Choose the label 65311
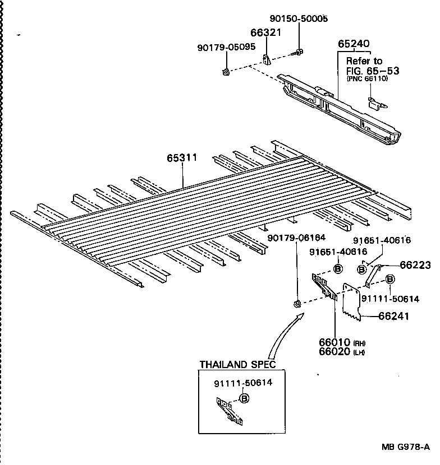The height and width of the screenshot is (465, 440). tap(182, 158)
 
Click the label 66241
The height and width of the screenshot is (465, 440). tap(393, 317)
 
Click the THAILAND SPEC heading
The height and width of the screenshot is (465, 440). tap(238, 365)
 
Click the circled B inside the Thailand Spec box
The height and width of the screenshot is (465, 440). tap(244, 398)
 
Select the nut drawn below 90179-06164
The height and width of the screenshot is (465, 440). tap(296, 304)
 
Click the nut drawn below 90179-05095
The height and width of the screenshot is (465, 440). tap(224, 71)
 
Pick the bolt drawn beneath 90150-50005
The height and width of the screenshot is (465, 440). tap(297, 53)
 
